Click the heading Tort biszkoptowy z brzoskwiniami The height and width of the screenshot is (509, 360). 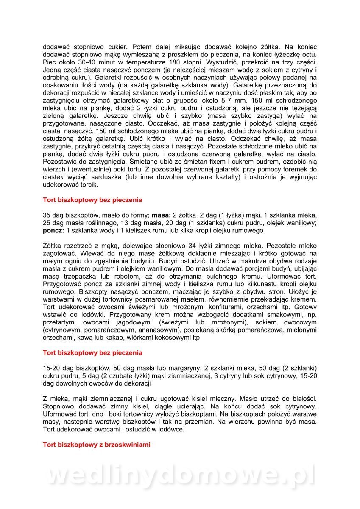click(x=96, y=445)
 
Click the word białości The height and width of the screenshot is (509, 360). click(x=302, y=399)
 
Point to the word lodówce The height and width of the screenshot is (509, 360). click(x=171, y=430)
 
